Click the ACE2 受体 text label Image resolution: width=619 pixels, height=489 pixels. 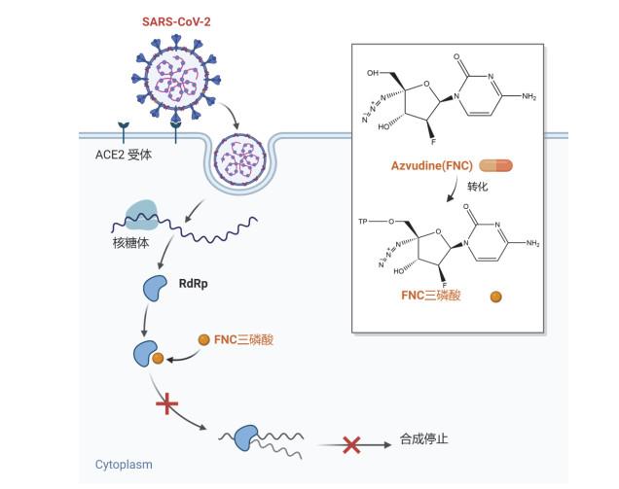(118, 155)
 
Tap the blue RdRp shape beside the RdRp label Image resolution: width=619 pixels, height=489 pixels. (156, 288)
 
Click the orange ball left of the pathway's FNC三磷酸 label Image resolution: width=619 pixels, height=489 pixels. (203, 339)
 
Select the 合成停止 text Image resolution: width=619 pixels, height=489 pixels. (424, 439)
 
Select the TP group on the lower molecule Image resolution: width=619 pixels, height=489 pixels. (364, 223)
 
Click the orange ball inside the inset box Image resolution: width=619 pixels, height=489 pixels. (495, 296)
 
